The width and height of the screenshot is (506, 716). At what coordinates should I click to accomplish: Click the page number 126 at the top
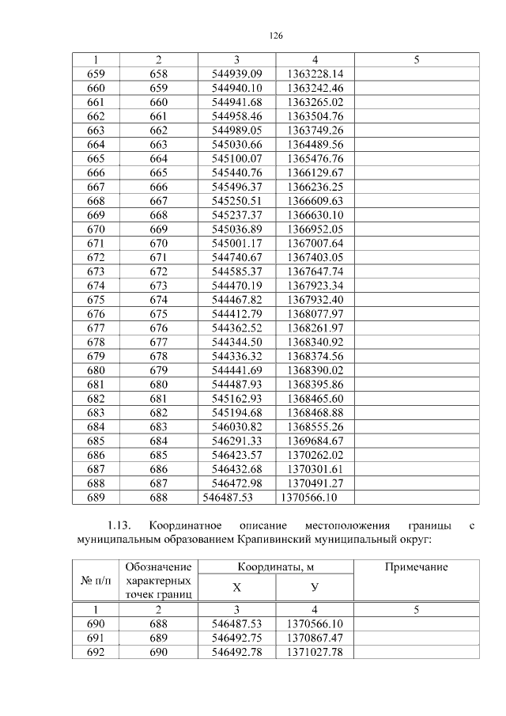(275, 36)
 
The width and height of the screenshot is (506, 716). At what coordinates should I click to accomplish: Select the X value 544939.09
(236, 74)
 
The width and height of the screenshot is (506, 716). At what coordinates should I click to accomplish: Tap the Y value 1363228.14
(315, 74)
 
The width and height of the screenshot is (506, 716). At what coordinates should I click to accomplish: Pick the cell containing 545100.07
(236, 158)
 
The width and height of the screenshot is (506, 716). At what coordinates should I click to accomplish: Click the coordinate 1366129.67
(315, 172)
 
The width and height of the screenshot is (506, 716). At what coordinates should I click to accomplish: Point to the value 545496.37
(236, 187)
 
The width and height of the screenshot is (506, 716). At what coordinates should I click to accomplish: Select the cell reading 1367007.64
(315, 243)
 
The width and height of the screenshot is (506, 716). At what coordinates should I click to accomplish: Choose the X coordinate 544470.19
(236, 286)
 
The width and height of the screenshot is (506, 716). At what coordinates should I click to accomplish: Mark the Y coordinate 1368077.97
(315, 313)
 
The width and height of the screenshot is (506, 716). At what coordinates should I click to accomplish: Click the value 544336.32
(236, 356)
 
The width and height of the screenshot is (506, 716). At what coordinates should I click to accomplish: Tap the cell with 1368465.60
(315, 398)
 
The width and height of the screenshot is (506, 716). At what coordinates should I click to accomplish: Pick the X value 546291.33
(236, 441)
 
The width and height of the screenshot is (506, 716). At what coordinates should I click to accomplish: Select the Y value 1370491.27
(315, 483)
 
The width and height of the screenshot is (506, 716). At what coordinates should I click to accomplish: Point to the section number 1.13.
(120, 525)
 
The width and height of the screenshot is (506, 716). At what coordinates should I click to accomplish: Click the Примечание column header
(416, 567)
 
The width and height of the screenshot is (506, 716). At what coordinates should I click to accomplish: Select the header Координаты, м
(275, 567)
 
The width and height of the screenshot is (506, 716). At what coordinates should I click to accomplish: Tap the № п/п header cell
(94, 581)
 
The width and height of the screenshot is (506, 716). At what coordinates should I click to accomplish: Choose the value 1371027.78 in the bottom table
(315, 652)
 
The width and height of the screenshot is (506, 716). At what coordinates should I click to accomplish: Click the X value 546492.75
(236, 638)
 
